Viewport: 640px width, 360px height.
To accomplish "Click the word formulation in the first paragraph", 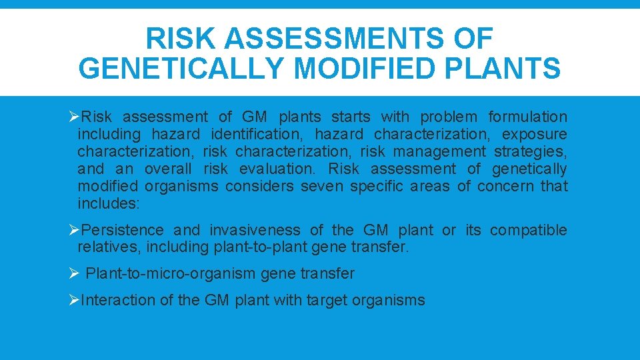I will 527,117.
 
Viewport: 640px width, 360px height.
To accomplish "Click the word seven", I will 322,187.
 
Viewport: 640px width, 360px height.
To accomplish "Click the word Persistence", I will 122,231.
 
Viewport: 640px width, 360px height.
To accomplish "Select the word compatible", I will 528,231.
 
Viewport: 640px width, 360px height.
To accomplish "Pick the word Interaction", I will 117,301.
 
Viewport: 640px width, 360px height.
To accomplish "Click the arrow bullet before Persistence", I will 74,231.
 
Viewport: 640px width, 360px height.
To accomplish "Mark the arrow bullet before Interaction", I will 74,301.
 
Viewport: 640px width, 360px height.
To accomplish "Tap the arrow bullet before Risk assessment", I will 74,117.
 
